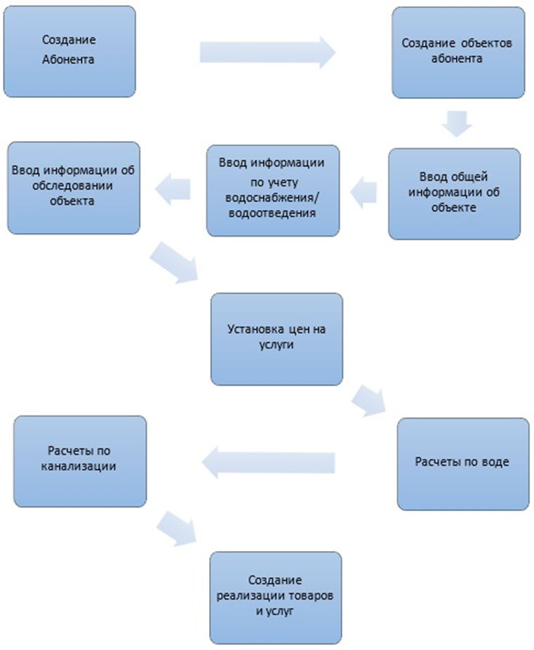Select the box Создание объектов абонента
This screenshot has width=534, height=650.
458,53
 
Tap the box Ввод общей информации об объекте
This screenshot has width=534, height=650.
455,193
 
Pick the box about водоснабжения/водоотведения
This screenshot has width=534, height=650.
273,190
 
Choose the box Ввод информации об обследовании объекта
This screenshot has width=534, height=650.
73,187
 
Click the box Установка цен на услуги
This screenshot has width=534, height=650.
276,338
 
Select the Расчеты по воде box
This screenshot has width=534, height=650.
462,463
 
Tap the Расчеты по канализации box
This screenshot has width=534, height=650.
80,460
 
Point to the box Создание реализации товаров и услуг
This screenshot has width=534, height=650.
276,597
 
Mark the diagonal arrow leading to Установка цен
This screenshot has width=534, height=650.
177,263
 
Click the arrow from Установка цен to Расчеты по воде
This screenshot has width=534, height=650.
369,401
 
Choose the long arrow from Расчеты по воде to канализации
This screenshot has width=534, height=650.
269,462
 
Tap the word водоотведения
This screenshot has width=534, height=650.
272,211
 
